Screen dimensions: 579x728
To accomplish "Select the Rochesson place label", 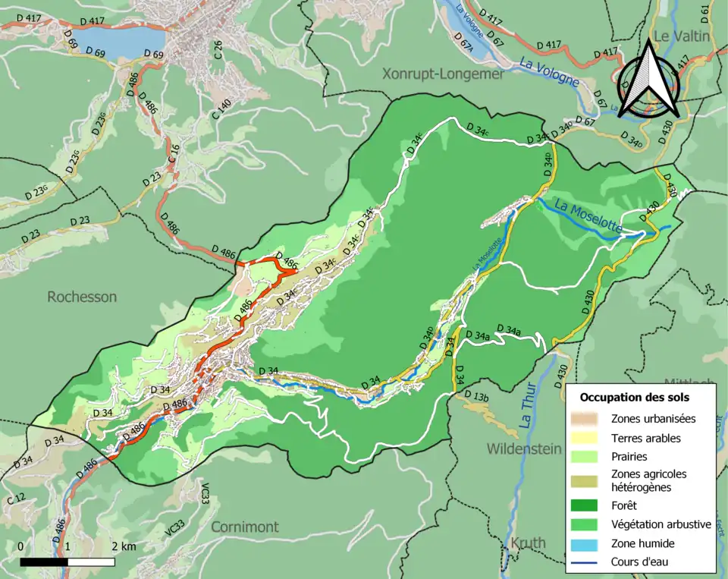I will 82,297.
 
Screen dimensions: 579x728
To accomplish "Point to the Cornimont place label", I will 244,527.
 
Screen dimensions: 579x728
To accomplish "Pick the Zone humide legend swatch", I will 588,543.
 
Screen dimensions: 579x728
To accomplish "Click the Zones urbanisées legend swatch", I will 588,418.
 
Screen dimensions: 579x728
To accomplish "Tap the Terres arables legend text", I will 645,438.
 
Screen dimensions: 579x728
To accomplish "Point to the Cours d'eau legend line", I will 588,562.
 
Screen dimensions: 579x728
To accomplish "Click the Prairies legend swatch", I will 588,458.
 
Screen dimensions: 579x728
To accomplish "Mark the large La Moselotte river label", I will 588,216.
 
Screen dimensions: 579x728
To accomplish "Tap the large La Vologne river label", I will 549,74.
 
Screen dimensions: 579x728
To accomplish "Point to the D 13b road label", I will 476,397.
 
